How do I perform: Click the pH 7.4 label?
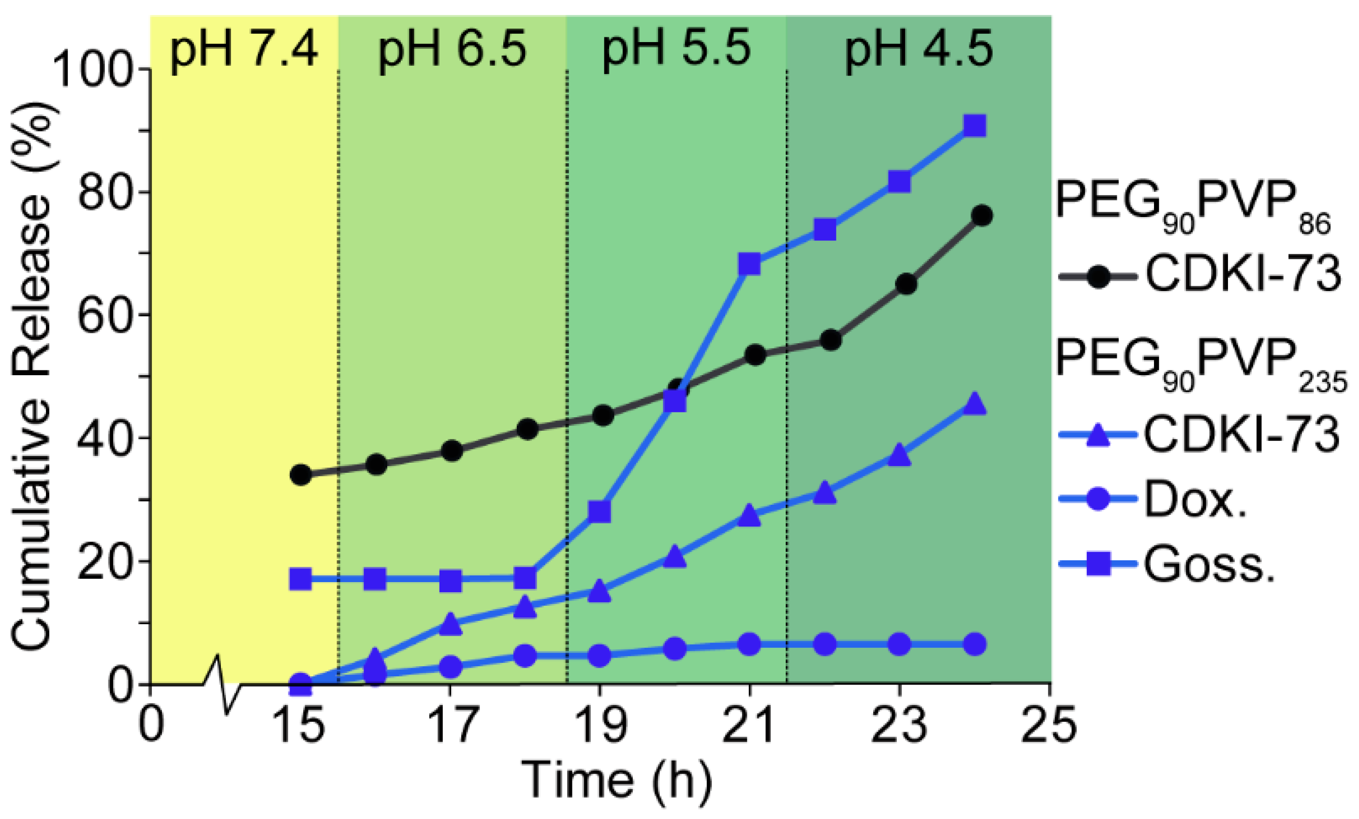(x=243, y=48)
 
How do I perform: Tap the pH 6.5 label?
(x=452, y=48)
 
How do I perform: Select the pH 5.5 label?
(x=676, y=48)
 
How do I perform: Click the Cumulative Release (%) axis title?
(x=33, y=375)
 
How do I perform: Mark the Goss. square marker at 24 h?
(x=974, y=126)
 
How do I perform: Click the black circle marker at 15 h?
(x=301, y=475)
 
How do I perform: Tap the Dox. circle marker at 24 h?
(x=974, y=643)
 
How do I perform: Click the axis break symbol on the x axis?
(x=222, y=685)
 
